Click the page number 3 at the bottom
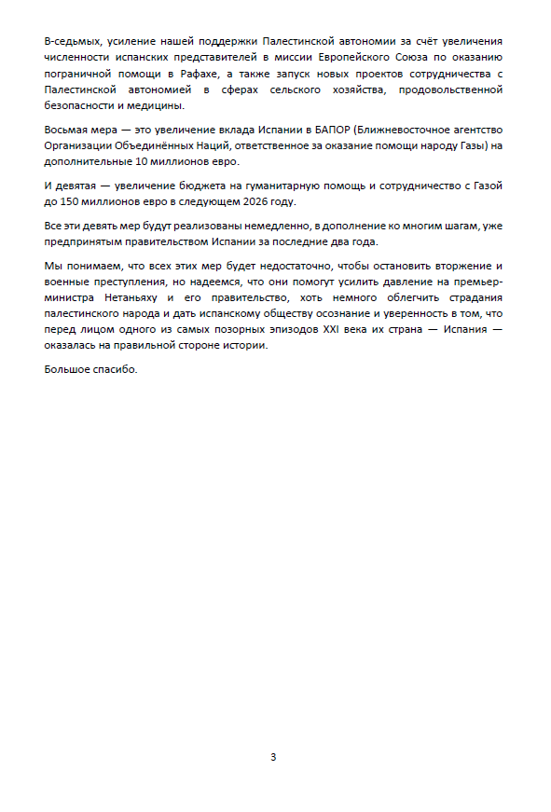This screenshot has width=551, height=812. click(273, 757)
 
